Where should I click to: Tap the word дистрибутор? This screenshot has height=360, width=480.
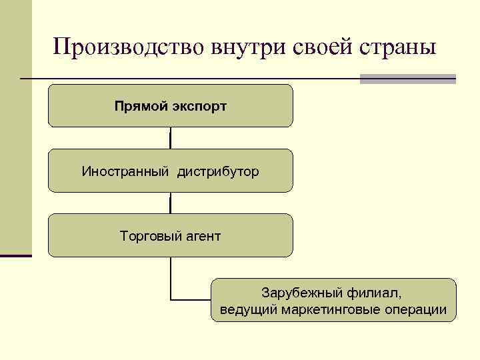218,171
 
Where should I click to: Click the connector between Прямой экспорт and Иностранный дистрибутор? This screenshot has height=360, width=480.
171,138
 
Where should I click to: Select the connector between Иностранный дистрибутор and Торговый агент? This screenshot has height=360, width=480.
171,203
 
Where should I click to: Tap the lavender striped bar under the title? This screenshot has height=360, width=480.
407,79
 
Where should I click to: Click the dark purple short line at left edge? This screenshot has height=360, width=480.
15,255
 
